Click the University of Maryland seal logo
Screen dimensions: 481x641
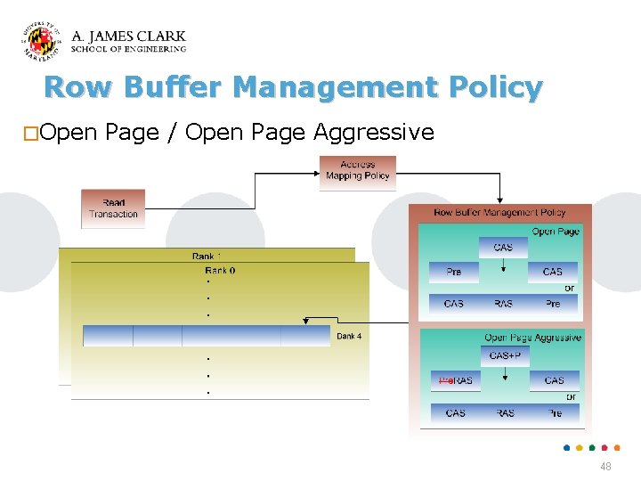42,42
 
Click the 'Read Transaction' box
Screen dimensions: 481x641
113,208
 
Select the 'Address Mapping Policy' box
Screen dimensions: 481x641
357,171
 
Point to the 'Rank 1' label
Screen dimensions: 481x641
207,257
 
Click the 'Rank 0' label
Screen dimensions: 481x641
219,270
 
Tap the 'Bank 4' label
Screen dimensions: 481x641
349,336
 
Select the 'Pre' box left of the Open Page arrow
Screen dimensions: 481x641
454,272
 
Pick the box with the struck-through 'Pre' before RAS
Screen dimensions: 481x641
455,380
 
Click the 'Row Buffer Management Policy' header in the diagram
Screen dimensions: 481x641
499,213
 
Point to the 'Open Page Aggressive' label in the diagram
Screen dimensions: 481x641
532,338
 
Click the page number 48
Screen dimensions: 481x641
605,467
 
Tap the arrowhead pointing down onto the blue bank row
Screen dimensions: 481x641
305,322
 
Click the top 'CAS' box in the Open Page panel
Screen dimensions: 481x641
503,247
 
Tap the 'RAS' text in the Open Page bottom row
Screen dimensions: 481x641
503,304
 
